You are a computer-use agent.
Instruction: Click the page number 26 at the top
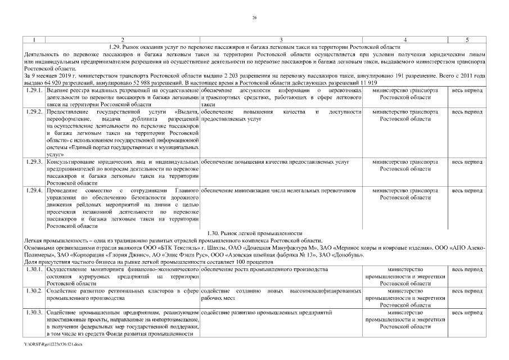coord(254,18)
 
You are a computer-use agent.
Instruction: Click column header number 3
coord(281,40)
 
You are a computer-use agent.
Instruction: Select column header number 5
coord(467,40)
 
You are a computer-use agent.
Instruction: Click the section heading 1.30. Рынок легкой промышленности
coord(254,233)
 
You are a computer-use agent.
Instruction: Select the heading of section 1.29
coord(254,47)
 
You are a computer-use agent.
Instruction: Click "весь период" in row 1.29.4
coord(467,191)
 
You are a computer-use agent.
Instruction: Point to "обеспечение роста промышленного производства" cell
coord(264,269)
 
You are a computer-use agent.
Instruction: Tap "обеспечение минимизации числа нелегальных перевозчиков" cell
coord(278,191)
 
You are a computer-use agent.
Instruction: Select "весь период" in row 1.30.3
coord(467,312)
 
